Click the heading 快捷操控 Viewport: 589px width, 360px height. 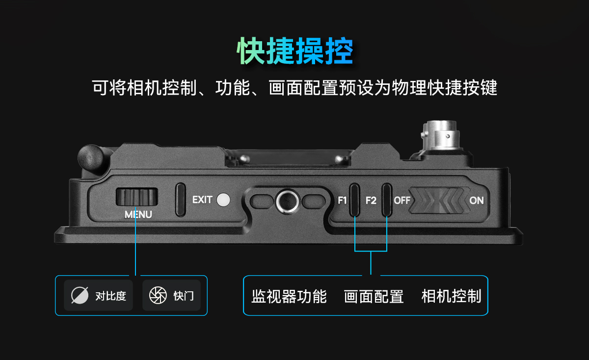click(295, 51)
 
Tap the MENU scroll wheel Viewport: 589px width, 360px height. click(137, 197)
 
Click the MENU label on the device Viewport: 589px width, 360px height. click(138, 214)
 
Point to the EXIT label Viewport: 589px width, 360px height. click(202, 200)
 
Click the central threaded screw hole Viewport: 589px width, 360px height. click(288, 202)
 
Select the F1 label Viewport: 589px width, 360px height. click(342, 201)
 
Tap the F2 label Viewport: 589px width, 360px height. click(371, 201)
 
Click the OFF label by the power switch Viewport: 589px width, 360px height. click(402, 201)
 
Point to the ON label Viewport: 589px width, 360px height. click(477, 201)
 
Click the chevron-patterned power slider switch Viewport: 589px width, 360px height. click(439, 200)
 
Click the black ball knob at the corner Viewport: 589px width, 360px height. click(91, 157)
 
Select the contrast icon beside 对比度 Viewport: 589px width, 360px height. click(80, 295)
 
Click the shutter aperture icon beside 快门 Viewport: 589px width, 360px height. click(158, 295)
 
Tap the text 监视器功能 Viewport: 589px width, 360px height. click(289, 296)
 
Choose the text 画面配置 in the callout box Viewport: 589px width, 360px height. click(374, 296)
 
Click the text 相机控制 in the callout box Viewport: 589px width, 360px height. click(451, 296)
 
